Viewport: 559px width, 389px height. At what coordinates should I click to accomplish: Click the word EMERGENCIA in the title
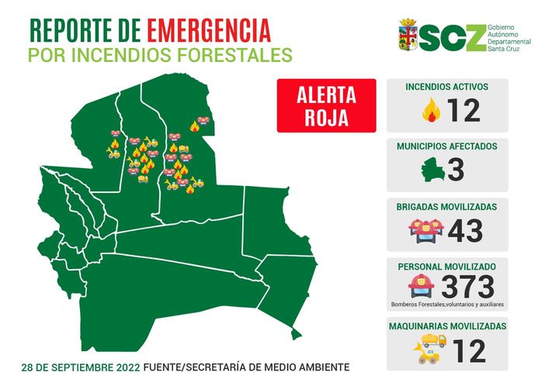pyautogui.click(x=209, y=31)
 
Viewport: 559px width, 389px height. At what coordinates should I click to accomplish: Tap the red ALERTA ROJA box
pyautogui.click(x=327, y=106)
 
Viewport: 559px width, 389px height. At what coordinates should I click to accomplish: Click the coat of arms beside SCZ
pyautogui.click(x=408, y=35)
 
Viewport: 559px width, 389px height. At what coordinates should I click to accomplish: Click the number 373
pyautogui.click(x=468, y=286)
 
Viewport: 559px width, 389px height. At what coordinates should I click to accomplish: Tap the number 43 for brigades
pyautogui.click(x=465, y=230)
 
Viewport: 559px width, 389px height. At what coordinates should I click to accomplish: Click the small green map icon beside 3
pyautogui.click(x=431, y=170)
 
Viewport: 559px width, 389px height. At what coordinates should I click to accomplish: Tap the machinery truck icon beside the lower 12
pyautogui.click(x=430, y=349)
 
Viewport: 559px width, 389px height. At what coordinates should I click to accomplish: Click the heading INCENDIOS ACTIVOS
pyautogui.click(x=447, y=87)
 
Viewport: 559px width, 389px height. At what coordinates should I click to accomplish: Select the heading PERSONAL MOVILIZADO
pyautogui.click(x=446, y=266)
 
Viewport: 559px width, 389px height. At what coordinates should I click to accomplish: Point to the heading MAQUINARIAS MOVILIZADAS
pyautogui.click(x=447, y=326)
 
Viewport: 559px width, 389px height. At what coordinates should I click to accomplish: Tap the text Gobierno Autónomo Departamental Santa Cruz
pyautogui.click(x=512, y=36)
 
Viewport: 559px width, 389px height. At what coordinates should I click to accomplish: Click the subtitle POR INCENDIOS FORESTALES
pyautogui.click(x=161, y=56)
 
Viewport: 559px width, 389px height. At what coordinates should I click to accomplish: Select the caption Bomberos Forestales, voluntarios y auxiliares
pyautogui.click(x=446, y=305)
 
